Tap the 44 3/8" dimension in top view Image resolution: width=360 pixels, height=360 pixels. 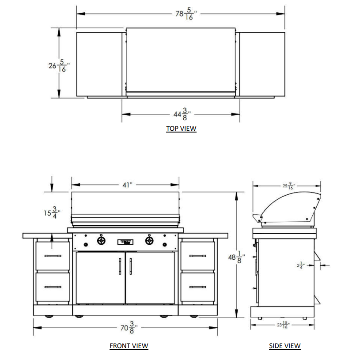[181, 114]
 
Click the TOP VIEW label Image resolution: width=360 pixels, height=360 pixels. [181, 129]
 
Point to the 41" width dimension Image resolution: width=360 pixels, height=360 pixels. [127, 185]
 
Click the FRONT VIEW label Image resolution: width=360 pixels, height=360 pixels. [129, 346]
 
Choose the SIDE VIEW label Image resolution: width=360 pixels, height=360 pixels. [285, 346]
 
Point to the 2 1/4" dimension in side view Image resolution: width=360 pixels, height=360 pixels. [300, 265]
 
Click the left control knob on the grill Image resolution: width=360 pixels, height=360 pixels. [102, 241]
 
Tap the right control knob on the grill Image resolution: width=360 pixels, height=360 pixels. [149, 241]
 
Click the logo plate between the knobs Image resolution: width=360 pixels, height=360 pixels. [125, 242]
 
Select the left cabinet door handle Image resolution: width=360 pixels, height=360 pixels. [120, 266]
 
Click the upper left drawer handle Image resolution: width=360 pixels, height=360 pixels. [53, 256]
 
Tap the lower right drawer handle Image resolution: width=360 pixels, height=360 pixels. [197, 287]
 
